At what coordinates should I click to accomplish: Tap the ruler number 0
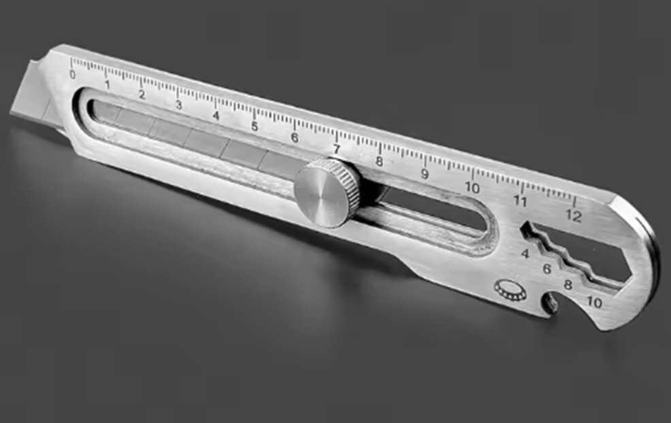[x=72, y=75]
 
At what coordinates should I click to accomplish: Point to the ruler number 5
[x=255, y=126]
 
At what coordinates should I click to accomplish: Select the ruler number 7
[x=337, y=149]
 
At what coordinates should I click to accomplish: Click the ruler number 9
[x=425, y=174]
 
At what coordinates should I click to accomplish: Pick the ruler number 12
[x=574, y=216]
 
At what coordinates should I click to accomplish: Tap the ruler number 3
[x=178, y=105]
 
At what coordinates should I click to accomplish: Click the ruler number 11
[x=520, y=201]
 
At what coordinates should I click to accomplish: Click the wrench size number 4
[x=525, y=254]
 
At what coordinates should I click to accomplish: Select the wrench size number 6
[x=546, y=269]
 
